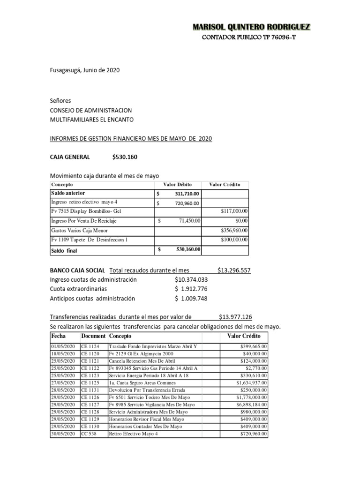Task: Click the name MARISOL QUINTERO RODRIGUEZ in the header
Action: click(x=251, y=27)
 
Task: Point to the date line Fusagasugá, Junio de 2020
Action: click(x=85, y=70)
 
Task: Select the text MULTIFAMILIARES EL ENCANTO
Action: click(x=92, y=120)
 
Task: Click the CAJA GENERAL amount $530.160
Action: click(x=125, y=157)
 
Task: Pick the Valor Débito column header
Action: click(x=177, y=185)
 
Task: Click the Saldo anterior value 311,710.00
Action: click(x=187, y=194)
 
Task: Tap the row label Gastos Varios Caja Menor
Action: click(x=79, y=230)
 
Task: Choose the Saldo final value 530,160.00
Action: click(x=188, y=249)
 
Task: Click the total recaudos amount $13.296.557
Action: click(x=234, y=270)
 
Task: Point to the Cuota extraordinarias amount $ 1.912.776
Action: click(x=191, y=289)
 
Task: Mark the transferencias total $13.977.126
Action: click(x=235, y=317)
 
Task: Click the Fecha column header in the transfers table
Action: click(x=59, y=337)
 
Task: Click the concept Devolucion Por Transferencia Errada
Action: click(x=147, y=390)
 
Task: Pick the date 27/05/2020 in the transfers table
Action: click(x=63, y=382)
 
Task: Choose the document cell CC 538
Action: click(x=89, y=434)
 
